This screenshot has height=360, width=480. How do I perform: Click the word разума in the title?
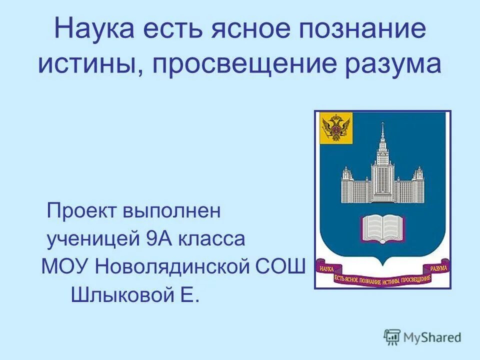coord(395,65)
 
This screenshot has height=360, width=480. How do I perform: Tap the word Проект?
coord(79,211)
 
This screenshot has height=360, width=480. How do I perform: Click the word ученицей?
coord(93,239)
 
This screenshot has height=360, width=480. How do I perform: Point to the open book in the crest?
coord(382,227)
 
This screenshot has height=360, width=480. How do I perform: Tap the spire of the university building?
coord(382,132)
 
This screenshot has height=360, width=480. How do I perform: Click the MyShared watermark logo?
coord(422,337)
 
